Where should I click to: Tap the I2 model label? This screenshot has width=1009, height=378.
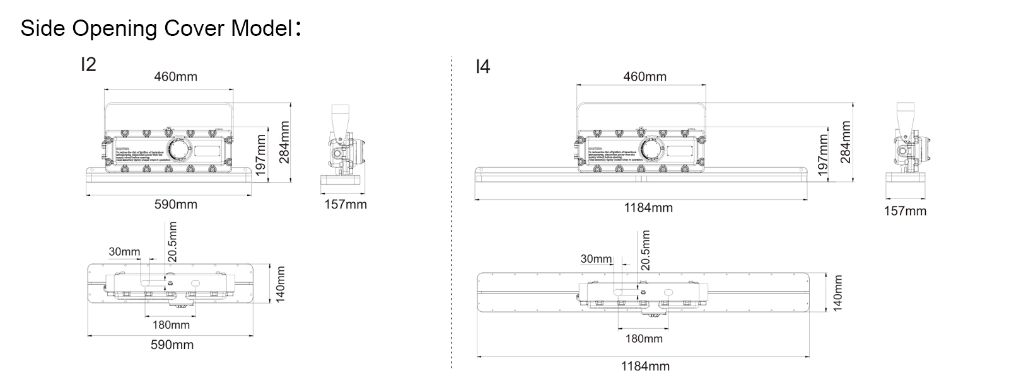(88, 64)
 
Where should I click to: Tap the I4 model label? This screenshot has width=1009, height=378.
(482, 67)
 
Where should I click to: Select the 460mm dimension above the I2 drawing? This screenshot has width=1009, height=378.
(176, 77)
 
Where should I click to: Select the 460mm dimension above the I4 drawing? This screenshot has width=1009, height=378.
(644, 77)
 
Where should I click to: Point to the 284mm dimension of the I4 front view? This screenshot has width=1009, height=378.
(846, 142)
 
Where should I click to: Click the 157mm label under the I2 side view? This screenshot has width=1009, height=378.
(345, 204)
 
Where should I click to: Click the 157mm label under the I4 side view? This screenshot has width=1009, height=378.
(905, 211)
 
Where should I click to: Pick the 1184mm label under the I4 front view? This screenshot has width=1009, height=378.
(648, 207)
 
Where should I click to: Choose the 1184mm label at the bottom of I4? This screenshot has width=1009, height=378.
(645, 366)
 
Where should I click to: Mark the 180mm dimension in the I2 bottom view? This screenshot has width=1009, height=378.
(171, 325)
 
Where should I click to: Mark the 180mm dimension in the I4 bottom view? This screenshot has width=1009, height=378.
(644, 339)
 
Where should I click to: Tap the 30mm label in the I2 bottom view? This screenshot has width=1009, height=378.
(124, 252)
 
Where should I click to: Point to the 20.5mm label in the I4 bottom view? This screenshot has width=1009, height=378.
(645, 250)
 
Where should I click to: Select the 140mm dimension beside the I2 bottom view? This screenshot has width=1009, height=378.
(281, 283)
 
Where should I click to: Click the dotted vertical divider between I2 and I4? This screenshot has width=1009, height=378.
(452, 214)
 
